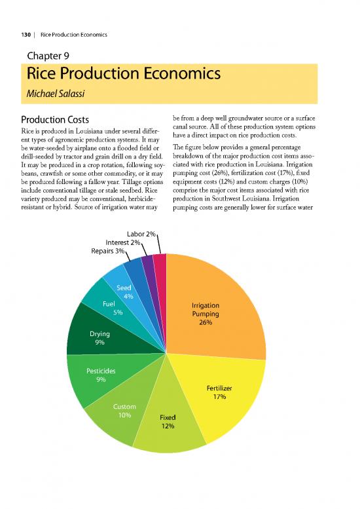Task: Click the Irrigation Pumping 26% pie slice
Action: point(216,295)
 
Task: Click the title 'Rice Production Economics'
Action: point(121,75)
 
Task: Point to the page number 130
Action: point(26,34)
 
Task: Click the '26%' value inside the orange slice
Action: point(206,322)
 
